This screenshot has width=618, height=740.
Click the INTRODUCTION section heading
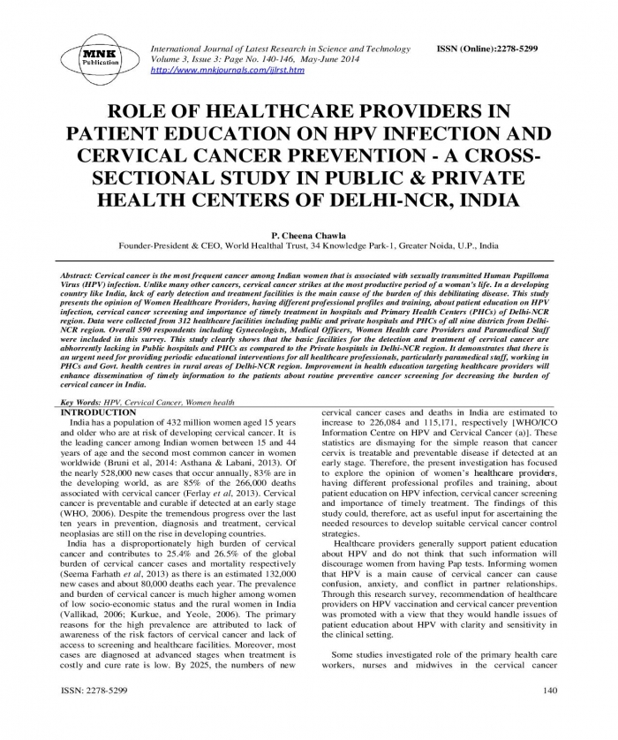pos(98,413)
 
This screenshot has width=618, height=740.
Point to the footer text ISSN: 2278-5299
pos(94,690)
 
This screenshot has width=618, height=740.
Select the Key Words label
pos(79,402)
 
